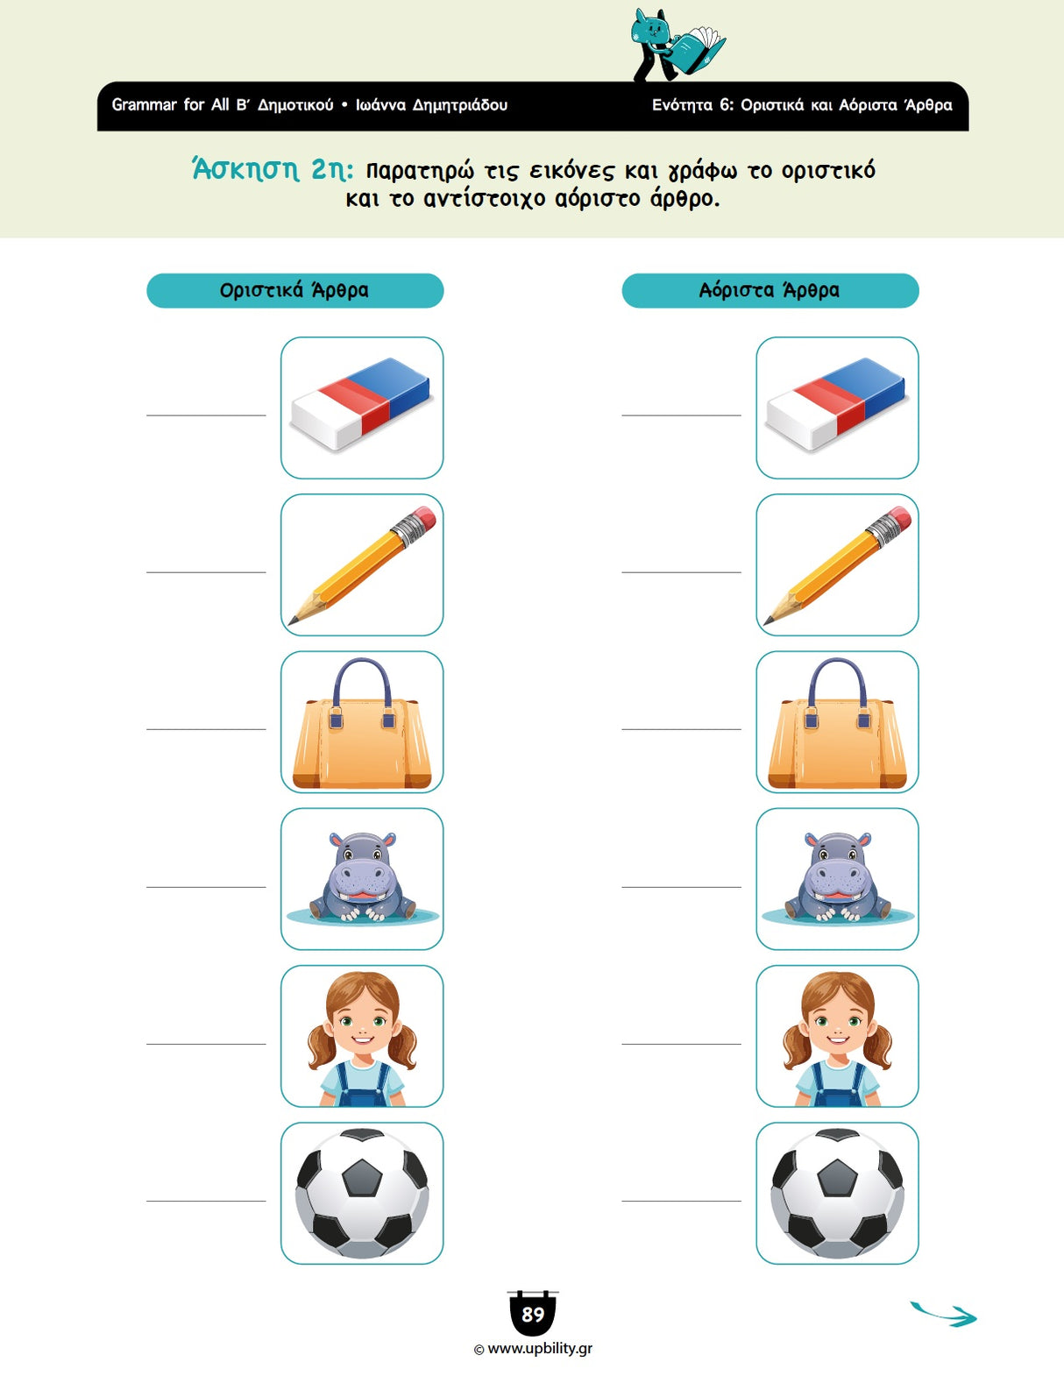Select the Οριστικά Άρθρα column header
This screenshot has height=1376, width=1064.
[x=294, y=291]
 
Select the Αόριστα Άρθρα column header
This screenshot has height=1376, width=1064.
[x=770, y=291]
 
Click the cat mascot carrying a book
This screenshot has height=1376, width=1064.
[x=676, y=46]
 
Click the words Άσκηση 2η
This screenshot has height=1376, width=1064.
[x=273, y=170]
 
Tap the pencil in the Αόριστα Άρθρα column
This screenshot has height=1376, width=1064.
[x=837, y=565]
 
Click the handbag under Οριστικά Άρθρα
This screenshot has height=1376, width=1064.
[x=361, y=723]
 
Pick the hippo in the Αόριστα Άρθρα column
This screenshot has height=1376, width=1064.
[x=837, y=877]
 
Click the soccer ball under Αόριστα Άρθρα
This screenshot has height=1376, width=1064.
[x=837, y=1194]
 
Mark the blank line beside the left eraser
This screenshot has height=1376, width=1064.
[x=206, y=415]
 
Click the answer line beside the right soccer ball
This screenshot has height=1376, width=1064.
[x=681, y=1201]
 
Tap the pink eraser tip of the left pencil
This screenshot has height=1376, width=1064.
[x=424, y=517]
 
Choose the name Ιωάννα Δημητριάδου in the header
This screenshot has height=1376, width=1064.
[x=432, y=105]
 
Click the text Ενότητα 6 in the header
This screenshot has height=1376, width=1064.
[x=692, y=105]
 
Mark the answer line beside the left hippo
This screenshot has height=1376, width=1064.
[x=206, y=887]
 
